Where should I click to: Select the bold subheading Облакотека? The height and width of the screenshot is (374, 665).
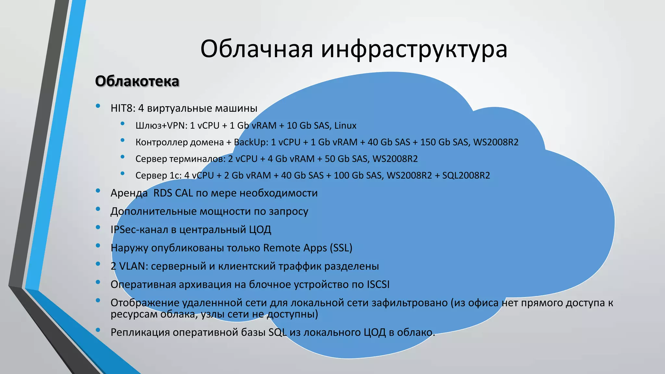137,81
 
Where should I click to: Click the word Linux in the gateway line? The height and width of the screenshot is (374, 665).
345,126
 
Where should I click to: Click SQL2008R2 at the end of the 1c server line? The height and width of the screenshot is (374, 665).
466,176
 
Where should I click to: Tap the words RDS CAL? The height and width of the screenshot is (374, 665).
172,193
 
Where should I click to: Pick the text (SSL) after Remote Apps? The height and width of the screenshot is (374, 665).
341,248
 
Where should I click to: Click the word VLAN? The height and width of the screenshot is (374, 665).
133,266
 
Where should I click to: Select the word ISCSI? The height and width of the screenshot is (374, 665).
378,284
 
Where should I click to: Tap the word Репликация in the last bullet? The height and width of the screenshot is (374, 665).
140,332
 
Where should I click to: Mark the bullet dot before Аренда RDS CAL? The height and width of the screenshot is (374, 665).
98,191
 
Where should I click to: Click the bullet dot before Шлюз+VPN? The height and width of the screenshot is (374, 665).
122,123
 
